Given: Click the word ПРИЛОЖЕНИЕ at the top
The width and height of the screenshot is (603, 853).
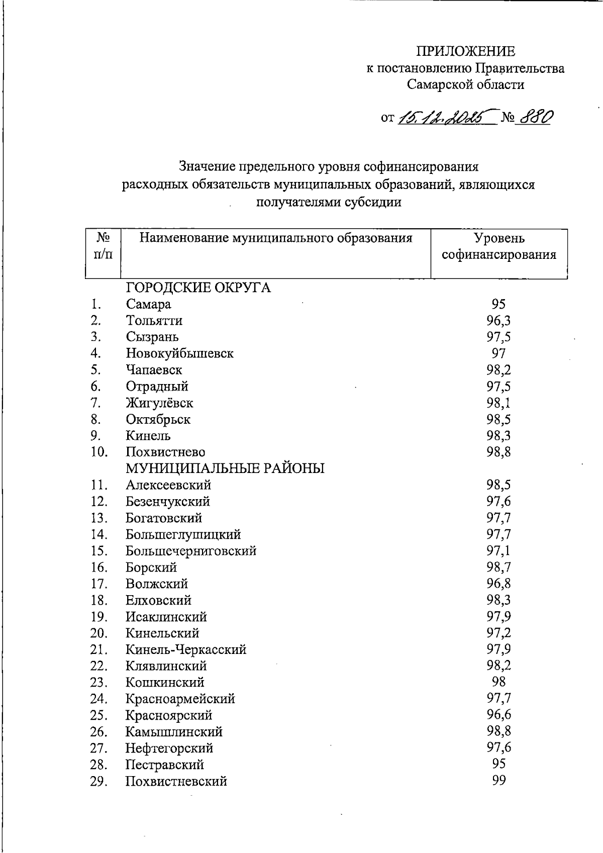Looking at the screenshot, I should (465, 51).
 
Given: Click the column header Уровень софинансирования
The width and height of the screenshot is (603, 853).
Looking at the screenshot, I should (499, 246).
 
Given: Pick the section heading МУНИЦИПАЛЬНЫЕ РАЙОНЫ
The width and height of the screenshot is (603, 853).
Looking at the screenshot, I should (225, 468).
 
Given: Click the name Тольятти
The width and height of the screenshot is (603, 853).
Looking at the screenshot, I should (154, 321).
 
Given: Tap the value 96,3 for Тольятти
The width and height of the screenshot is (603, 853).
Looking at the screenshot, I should (498, 321).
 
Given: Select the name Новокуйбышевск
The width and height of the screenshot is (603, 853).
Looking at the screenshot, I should (179, 353).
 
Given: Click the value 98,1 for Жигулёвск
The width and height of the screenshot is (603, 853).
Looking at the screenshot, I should (498, 403).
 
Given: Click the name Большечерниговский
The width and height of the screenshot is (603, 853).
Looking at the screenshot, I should (191, 551).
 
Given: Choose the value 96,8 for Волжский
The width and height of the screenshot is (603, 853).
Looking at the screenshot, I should (498, 584).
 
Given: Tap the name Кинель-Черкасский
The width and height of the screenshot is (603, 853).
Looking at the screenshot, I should (186, 649).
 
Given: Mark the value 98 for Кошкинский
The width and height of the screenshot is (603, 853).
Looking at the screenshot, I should (498, 682).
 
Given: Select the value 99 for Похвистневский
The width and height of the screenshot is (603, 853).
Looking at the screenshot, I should (498, 781).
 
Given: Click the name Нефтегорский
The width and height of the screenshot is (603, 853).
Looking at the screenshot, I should (169, 748).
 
